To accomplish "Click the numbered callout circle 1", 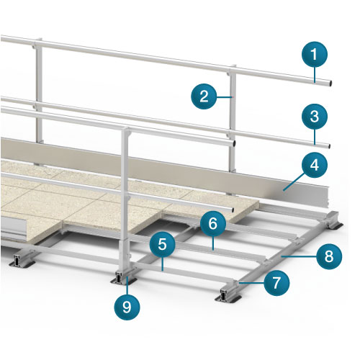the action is coord(315,54).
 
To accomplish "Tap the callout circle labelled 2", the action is coord(204,96).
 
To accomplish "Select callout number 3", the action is coord(315,117).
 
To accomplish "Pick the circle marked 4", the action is coord(315,165).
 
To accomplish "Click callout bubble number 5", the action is coord(163,244).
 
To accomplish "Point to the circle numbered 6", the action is coord(213,224).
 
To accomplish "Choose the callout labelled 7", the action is coord(276,283).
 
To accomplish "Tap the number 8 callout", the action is coord(329,256).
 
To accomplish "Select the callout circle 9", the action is coord(127,307).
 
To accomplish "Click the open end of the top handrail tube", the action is coord(330,84).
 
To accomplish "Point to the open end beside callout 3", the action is coord(329,146).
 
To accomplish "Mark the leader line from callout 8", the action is coord(300,256).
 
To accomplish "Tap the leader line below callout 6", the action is coord(213,243).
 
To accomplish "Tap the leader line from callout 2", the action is coord(225,97).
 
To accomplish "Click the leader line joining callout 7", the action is coord(251,283).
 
